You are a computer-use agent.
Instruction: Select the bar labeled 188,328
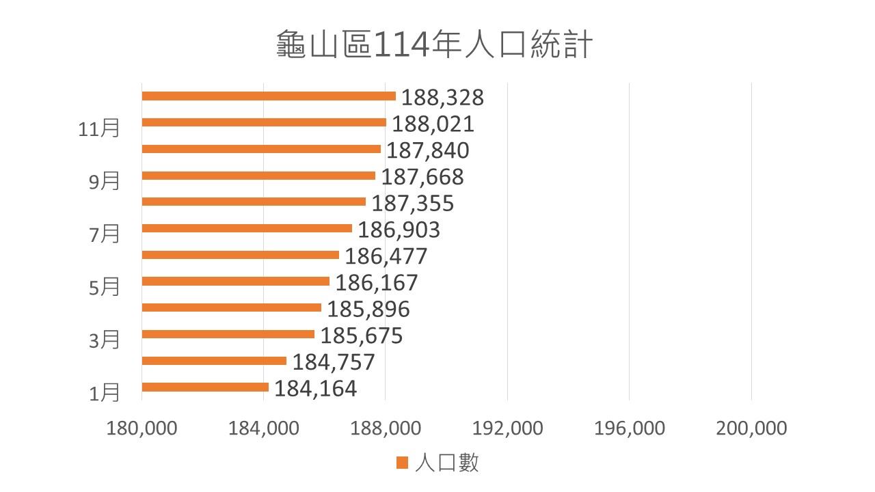269,96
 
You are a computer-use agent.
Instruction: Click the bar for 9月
258,176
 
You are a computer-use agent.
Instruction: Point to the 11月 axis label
99,128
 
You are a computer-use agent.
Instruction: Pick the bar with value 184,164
205,387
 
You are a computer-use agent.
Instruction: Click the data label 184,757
334,361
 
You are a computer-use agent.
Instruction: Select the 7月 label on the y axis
105,234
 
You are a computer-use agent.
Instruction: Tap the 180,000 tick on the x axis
142,428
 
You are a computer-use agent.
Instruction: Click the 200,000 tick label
751,428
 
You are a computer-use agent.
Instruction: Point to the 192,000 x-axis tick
507,428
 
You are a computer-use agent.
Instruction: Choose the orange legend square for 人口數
402,463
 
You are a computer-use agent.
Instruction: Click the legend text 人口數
446,463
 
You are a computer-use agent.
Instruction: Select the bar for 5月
236,282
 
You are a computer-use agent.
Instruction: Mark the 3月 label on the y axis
105,340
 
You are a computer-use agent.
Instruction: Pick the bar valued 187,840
261,149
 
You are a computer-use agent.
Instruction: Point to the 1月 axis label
105,392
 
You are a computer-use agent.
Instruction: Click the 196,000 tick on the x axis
629,428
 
